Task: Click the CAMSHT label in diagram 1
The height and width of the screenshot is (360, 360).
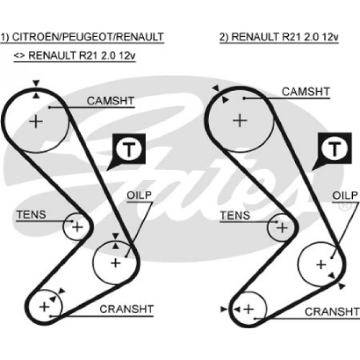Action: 110,101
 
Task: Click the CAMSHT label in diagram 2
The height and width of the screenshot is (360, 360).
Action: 306,92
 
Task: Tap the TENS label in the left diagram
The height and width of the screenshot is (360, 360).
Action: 31,214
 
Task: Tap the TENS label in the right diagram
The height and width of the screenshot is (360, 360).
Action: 235,216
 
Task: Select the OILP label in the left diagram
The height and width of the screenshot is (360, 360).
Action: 139,196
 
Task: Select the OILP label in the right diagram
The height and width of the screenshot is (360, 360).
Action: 345,195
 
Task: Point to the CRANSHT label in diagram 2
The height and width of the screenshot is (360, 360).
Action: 332,311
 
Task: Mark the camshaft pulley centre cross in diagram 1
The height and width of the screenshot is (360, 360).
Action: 36,121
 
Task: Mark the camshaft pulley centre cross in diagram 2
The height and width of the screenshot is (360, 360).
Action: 240,120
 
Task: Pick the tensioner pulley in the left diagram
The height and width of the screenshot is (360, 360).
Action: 77,227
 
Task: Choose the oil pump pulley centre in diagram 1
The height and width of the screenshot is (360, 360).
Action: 116,263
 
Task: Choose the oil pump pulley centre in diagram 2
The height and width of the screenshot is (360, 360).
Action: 321,264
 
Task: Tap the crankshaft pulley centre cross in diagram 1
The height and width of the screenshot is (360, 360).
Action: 44,307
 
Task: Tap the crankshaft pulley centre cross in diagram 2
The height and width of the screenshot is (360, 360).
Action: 249,309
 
